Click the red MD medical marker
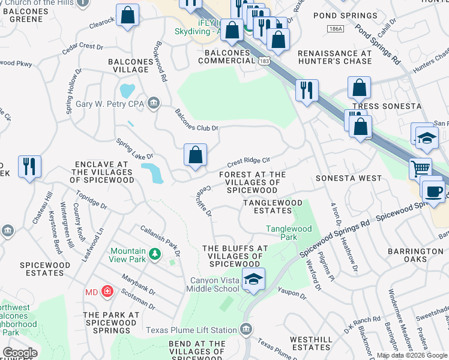click(x=107, y=292)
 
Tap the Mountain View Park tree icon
click(x=155, y=255)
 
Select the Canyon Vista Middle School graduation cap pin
click(x=253, y=280)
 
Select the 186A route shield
click(x=336, y=29)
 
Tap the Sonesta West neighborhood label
click(x=349, y=178)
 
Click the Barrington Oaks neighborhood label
click(x=415, y=255)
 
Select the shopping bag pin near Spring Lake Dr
click(x=196, y=155)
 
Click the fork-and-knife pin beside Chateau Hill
click(x=29, y=166)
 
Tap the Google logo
click(x=20, y=353)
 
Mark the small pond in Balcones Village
click(x=127, y=91)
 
